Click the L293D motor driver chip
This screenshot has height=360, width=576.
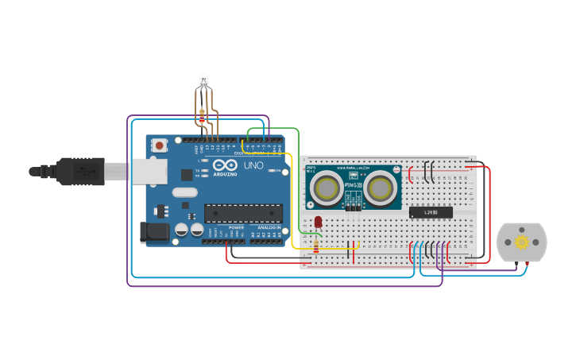coord(431,212)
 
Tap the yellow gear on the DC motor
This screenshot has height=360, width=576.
coord(521,242)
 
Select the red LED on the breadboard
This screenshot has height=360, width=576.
coord(318,222)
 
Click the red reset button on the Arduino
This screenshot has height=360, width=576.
coord(160,145)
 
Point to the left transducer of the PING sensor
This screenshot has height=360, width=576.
coord(327,188)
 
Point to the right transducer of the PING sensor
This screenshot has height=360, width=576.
coord(380,188)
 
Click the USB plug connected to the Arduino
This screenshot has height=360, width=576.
coord(79,171)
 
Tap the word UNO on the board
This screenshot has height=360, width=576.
coord(253,166)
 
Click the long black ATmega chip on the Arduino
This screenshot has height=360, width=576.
coord(243,213)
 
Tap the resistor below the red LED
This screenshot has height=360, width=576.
coord(316,246)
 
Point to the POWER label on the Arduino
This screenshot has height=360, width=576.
coord(237,227)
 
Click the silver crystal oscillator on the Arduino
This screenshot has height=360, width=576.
coord(184,192)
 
